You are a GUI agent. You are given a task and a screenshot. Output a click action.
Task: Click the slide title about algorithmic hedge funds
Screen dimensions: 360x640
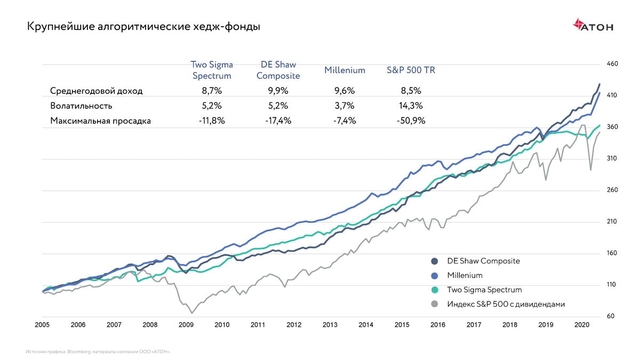tap(143, 26)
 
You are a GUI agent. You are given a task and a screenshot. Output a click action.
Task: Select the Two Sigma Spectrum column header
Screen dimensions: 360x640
tap(212, 70)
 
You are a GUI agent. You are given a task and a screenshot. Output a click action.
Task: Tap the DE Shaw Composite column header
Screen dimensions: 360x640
tap(278, 70)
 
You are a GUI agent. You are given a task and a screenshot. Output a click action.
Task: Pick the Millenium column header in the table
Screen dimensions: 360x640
tap(345, 70)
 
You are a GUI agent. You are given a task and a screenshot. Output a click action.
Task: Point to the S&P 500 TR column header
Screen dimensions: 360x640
tap(410, 70)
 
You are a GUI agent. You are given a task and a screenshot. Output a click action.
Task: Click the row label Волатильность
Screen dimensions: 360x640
tap(81, 106)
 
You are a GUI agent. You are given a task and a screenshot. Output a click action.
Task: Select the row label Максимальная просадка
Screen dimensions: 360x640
tap(100, 121)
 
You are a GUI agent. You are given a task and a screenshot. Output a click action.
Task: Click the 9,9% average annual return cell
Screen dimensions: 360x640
tap(278, 91)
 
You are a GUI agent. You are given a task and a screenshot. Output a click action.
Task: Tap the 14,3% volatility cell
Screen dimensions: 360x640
tap(410, 106)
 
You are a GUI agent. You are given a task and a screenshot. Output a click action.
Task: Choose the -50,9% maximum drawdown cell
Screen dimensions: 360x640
tap(410, 121)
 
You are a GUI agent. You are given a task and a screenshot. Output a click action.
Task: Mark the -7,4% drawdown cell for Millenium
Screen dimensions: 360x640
tap(344, 121)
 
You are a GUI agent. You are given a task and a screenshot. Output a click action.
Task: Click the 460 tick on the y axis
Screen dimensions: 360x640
tap(612, 64)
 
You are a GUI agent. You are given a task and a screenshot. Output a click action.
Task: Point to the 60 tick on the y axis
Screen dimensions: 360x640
tap(611, 316)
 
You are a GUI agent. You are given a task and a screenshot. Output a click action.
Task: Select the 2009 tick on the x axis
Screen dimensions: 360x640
tap(186, 324)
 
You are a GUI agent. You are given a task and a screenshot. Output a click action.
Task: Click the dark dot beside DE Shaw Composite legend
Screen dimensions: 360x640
tap(435, 261)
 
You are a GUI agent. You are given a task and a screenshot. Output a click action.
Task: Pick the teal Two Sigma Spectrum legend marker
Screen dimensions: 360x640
tap(435, 290)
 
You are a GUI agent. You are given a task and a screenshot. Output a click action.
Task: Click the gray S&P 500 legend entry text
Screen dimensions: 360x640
tap(506, 304)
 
